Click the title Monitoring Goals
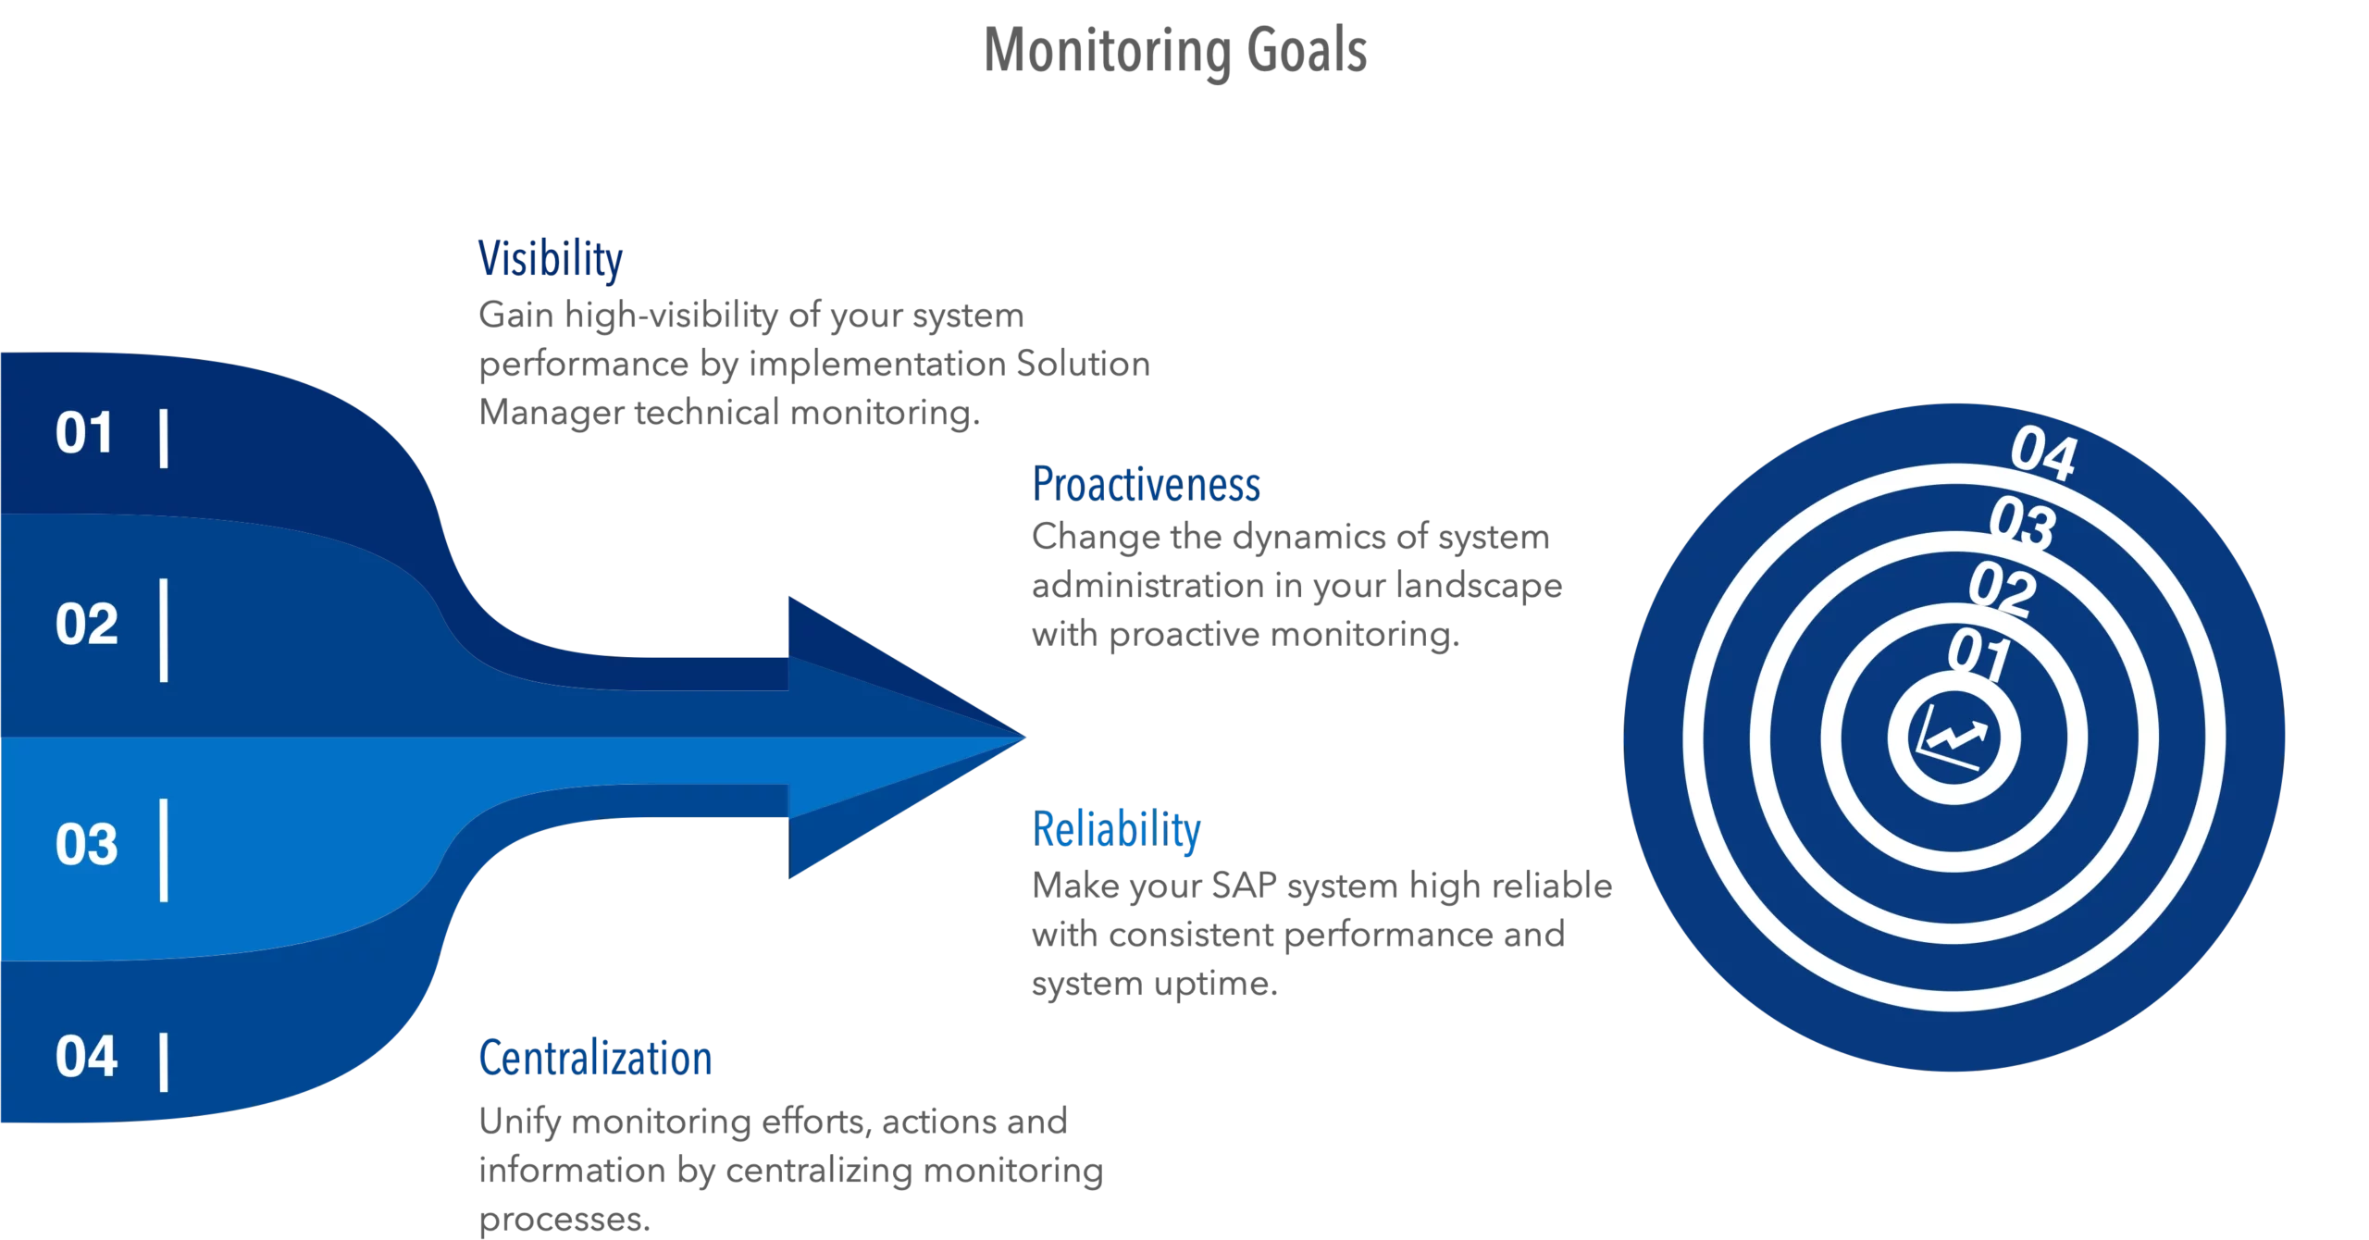point(1175,50)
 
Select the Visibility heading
point(551,259)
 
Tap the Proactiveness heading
point(1146,485)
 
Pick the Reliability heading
point(1116,829)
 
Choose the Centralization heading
point(595,1058)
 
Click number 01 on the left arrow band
point(84,433)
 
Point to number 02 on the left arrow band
point(86,624)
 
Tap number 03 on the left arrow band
point(86,844)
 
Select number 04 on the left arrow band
point(86,1057)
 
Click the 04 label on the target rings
point(2043,453)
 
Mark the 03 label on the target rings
point(2023,523)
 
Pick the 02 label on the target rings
point(2003,589)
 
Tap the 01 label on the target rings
point(1979,653)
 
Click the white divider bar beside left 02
point(164,631)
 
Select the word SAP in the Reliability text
point(1245,886)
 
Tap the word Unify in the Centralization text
point(520,1122)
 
